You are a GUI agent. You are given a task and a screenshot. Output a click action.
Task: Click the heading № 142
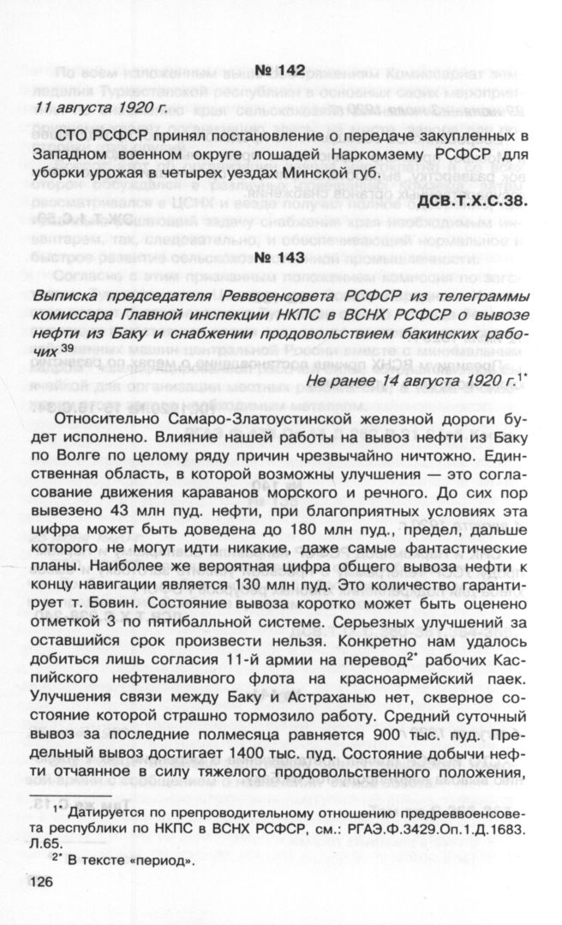(281, 70)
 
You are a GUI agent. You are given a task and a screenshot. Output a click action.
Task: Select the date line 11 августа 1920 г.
(102, 107)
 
